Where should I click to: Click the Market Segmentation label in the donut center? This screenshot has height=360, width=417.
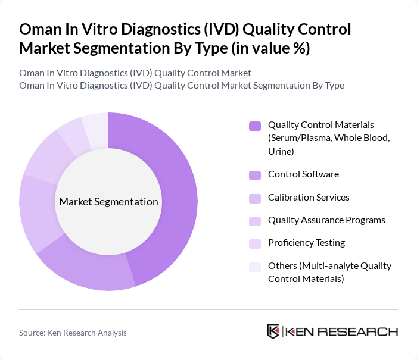coord(108,202)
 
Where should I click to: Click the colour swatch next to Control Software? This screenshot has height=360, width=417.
coord(255,175)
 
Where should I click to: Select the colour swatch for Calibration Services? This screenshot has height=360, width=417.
coord(255,198)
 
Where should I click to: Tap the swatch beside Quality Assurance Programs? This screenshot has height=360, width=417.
coord(255,221)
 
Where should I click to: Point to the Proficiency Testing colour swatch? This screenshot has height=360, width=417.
coord(255,243)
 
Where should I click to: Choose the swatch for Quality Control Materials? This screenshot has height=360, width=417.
coord(255,126)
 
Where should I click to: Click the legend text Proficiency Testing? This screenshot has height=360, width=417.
coord(306,243)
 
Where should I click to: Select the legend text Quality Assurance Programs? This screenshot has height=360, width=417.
coord(326,220)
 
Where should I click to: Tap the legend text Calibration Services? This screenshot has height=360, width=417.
coord(309,198)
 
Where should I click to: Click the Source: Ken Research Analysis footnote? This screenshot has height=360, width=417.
coord(73,333)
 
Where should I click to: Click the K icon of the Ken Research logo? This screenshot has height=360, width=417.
coord(273,331)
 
